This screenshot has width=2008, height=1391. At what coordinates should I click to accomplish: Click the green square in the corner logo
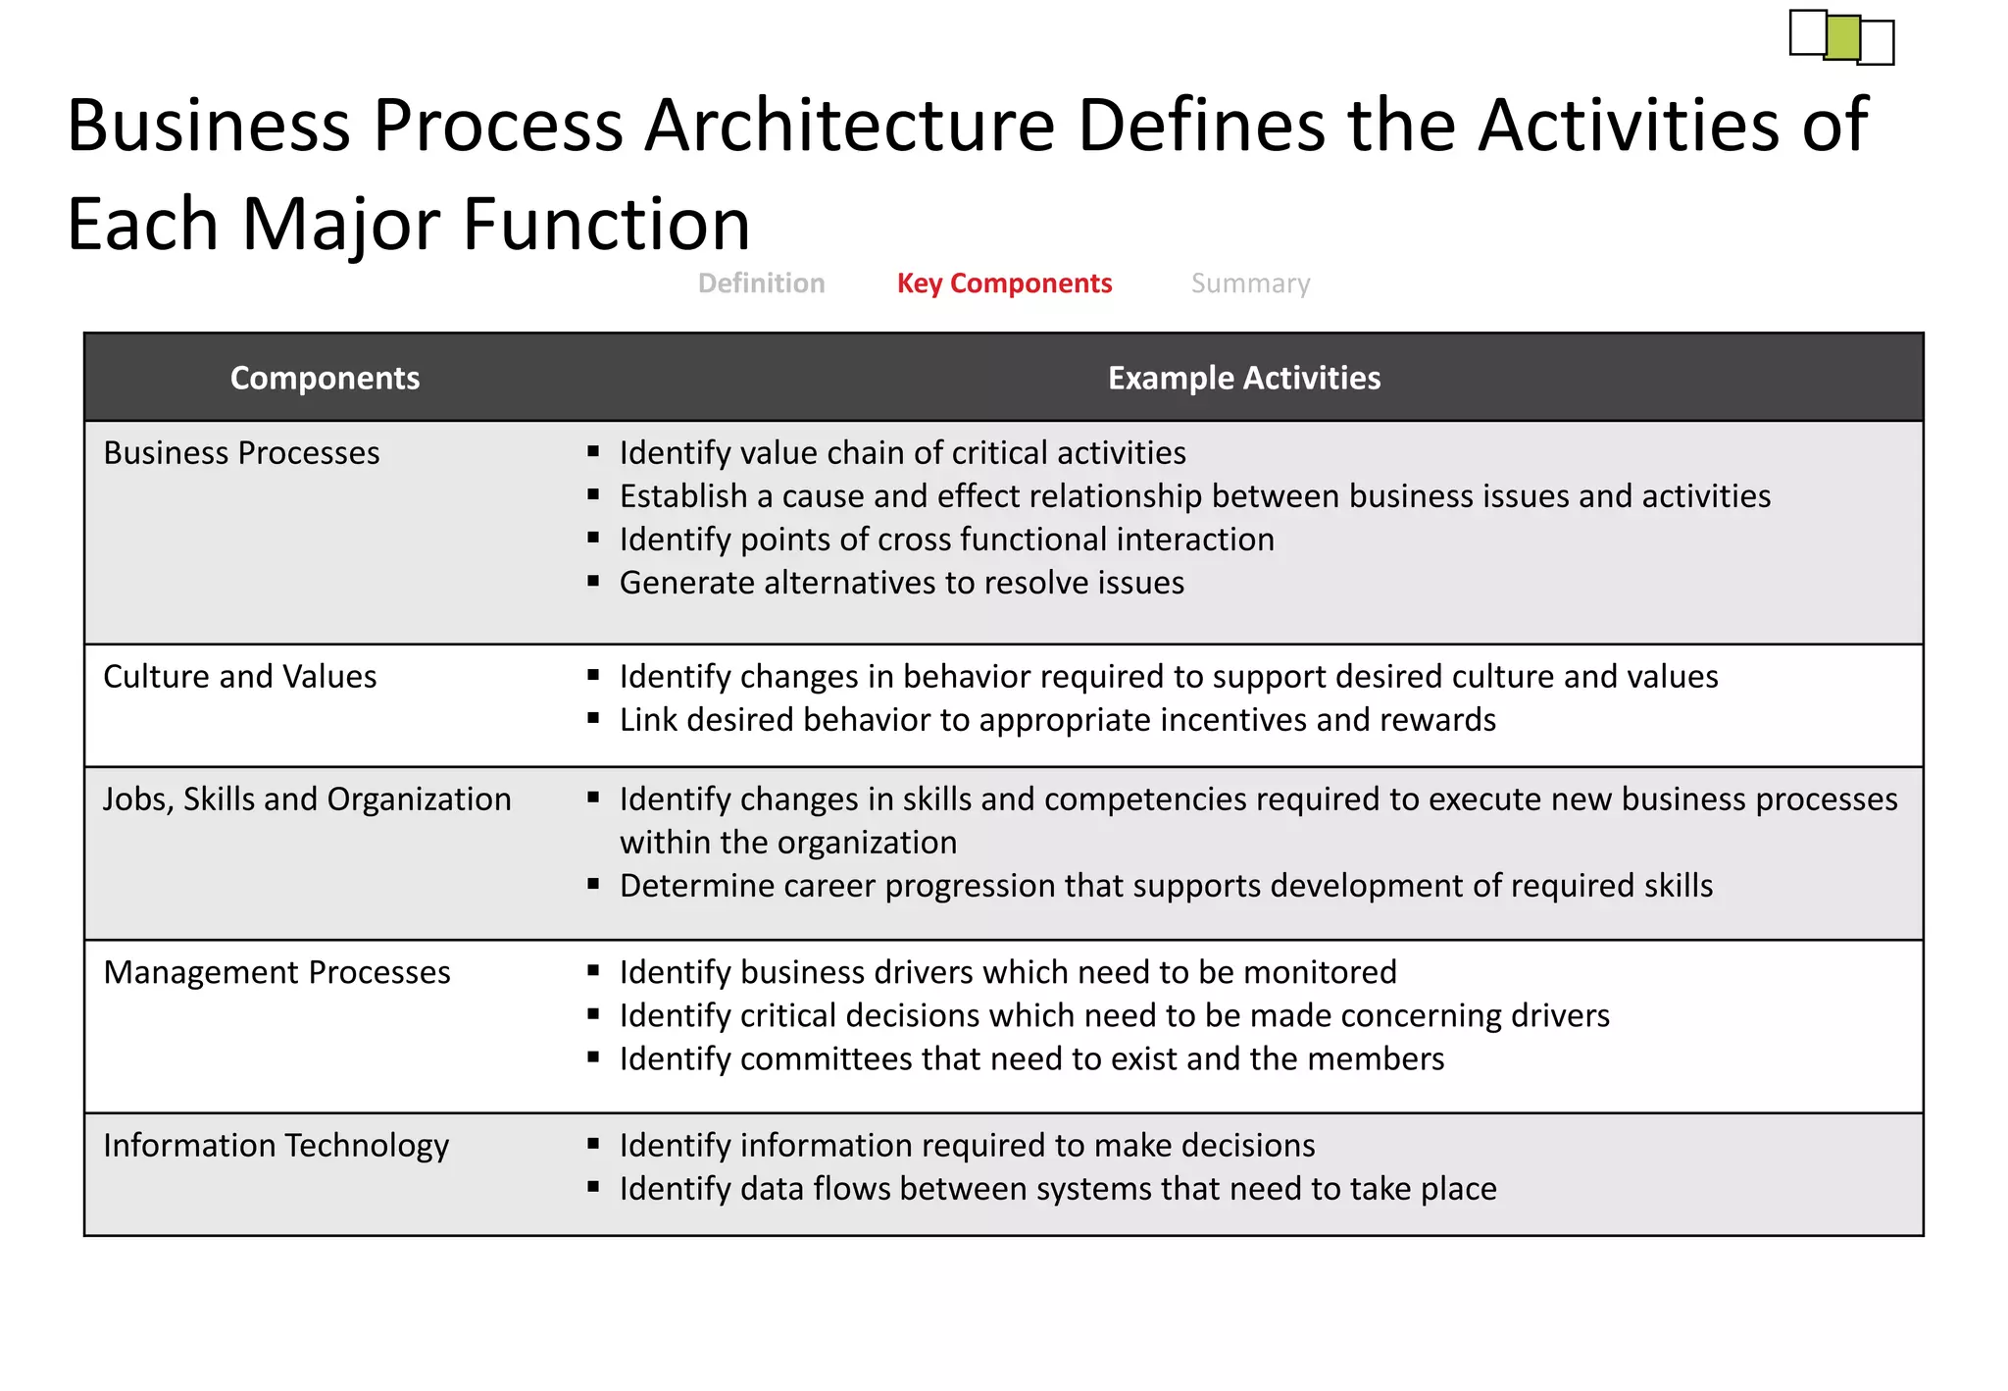click(x=1842, y=37)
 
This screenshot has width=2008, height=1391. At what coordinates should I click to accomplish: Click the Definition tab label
click(x=761, y=283)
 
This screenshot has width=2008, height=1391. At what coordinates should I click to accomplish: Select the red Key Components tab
click(x=1004, y=283)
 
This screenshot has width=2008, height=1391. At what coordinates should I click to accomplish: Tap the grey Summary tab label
click(x=1250, y=283)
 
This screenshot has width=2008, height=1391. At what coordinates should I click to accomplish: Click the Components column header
click(x=325, y=378)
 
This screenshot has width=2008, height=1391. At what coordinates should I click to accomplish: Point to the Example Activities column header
click(x=1243, y=378)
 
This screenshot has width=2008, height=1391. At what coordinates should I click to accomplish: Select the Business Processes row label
click(x=241, y=453)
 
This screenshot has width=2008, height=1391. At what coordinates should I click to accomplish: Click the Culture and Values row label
click(x=239, y=677)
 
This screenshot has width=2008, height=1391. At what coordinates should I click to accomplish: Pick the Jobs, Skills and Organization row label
click(x=307, y=799)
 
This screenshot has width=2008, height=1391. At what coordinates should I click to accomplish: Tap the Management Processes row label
click(x=276, y=972)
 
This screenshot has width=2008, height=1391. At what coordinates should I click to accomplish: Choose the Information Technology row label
click(x=276, y=1146)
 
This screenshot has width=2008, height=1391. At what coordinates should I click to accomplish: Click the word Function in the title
click(x=605, y=224)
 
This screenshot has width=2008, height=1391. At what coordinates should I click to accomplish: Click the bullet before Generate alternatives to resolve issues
click(x=593, y=582)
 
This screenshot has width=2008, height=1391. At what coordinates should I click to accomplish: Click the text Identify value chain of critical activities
click(x=902, y=453)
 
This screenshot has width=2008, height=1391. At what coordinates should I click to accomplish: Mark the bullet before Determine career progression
click(x=593, y=885)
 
